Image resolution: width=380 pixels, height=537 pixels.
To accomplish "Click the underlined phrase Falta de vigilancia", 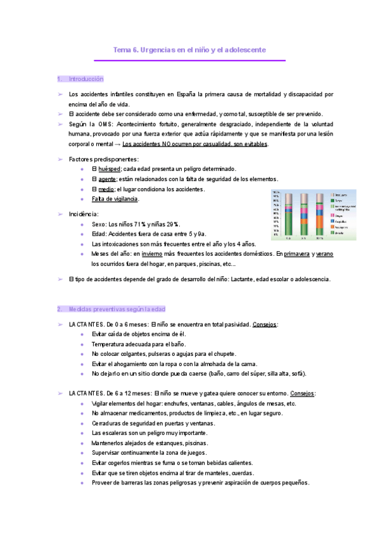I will coord(115,199).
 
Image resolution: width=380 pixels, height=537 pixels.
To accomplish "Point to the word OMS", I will coord(104,124).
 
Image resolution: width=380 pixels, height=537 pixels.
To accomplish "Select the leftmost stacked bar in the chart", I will coord(289,215).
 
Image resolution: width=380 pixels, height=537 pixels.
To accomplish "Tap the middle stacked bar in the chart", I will coord(304,215).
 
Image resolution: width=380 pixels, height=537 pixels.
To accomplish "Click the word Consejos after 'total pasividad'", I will coord(264,324).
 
